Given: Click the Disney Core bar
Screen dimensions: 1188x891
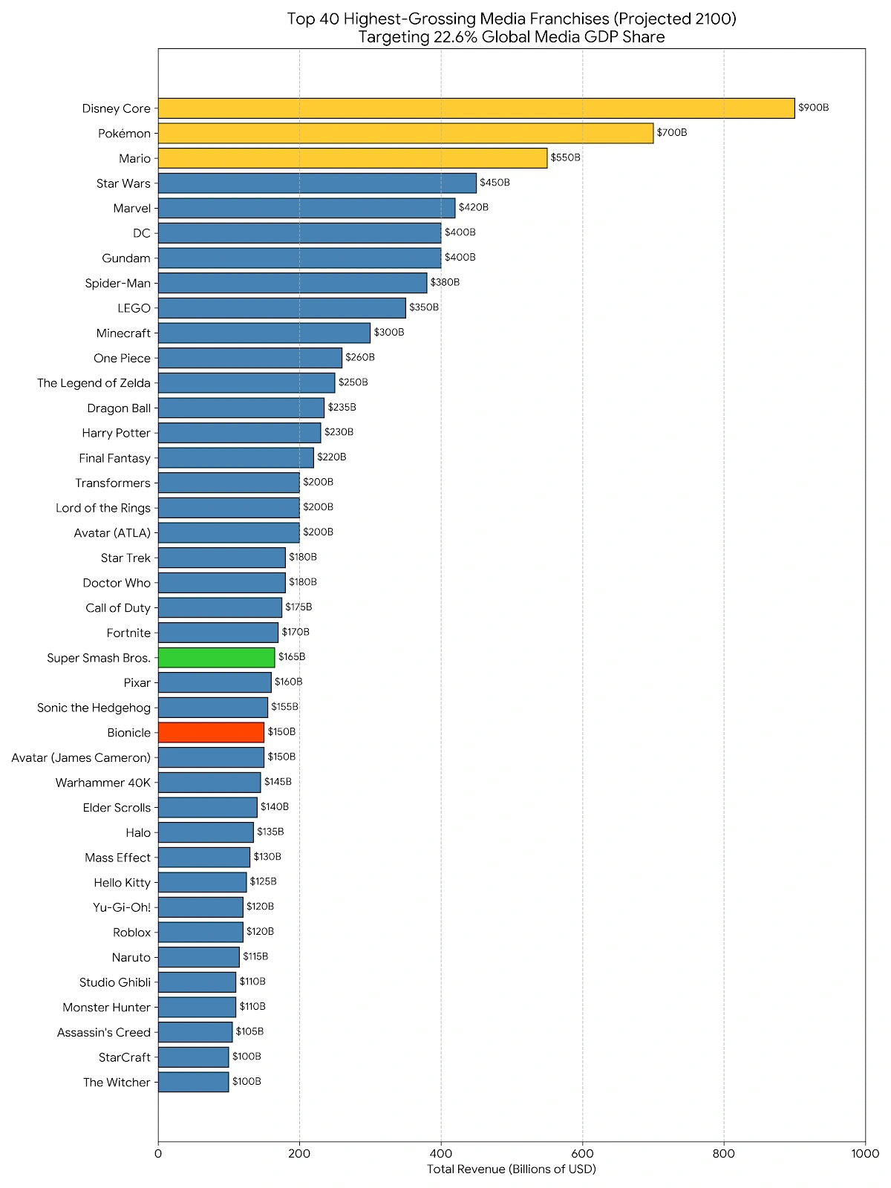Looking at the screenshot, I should (475, 108).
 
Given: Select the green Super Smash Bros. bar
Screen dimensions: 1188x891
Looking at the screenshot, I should (216, 657).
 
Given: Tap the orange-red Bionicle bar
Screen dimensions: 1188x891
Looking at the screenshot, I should (211, 732).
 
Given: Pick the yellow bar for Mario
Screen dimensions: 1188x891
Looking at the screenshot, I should (352, 158).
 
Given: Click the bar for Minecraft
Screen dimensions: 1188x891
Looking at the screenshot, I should (264, 333).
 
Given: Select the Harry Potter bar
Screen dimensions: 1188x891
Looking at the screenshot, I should (239, 433).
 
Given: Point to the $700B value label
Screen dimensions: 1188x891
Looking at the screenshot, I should (671, 133).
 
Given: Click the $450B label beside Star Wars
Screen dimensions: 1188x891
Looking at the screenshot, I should (495, 183).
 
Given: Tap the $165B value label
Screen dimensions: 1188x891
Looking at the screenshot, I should (292, 657).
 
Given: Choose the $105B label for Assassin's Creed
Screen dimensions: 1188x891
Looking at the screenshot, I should (249, 1031).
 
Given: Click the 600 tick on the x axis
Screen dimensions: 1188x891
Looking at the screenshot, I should (582, 1153).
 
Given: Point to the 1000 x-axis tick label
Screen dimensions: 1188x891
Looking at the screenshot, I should (865, 1153).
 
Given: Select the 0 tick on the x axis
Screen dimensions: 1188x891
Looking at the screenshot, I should (158, 1153).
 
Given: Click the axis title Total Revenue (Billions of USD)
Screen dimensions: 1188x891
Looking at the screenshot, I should (511, 1169).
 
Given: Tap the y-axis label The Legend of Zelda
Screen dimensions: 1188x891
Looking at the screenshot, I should (94, 383).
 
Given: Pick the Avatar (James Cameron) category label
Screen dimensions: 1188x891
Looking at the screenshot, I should (81, 757).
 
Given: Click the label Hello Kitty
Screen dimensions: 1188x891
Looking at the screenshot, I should (122, 882).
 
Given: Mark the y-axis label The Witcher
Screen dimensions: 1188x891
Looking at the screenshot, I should (117, 1082).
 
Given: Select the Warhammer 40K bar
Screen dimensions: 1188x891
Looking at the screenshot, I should (209, 782).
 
